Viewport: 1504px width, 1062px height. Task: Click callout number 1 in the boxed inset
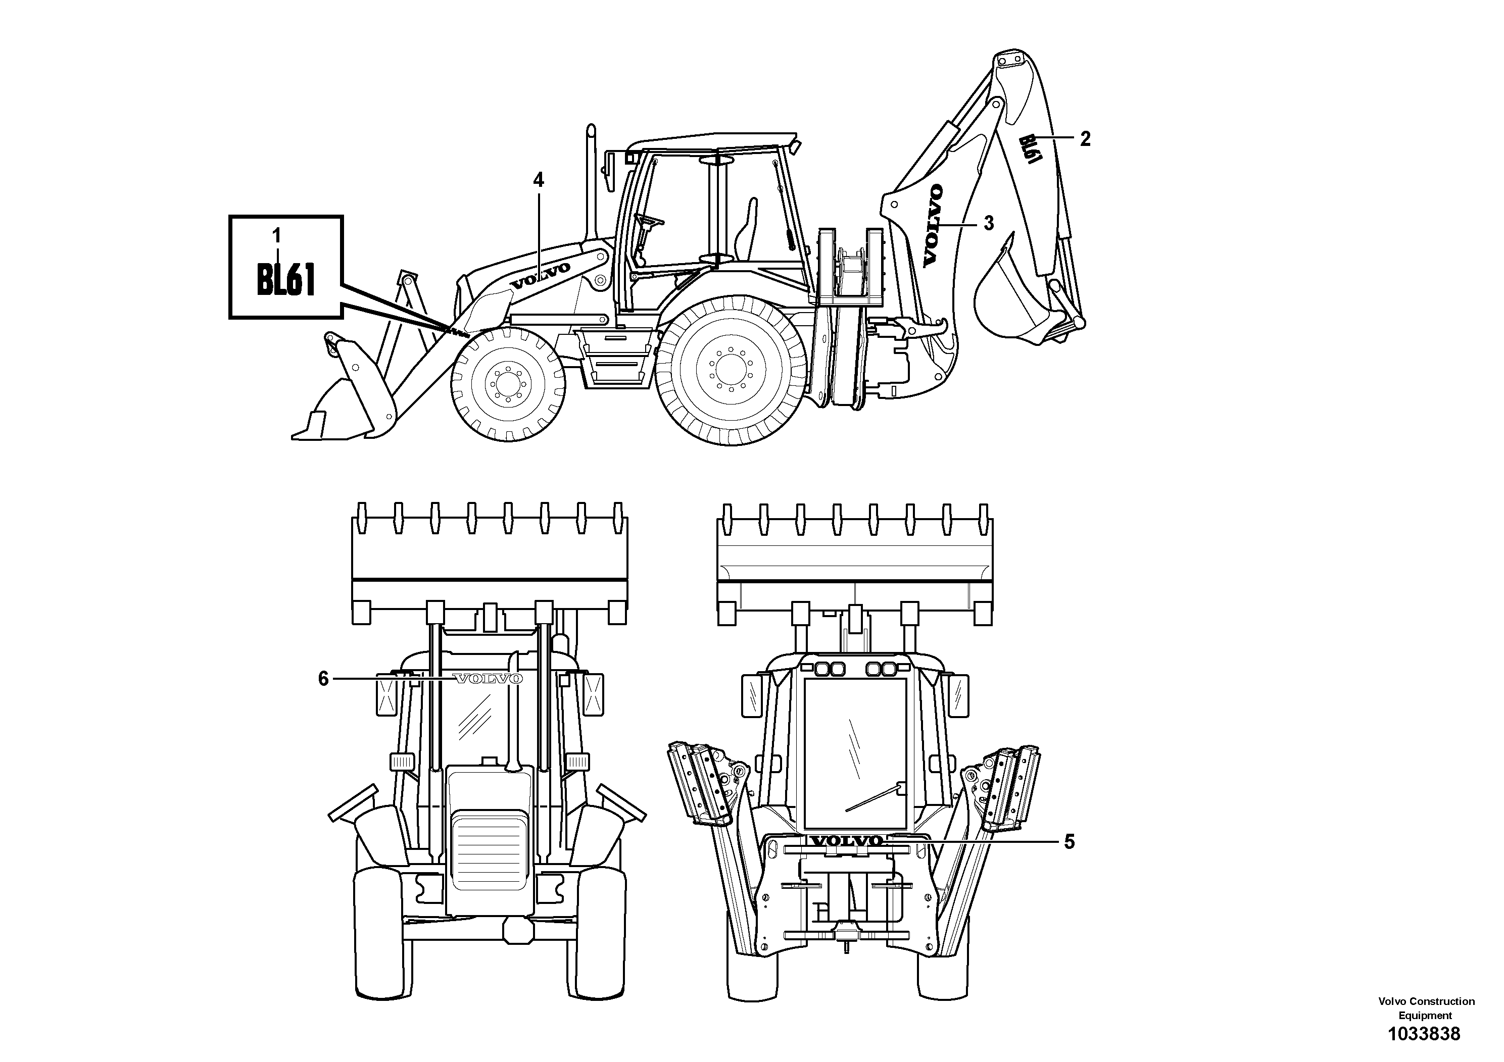click(x=276, y=234)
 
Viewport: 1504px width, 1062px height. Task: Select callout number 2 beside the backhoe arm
click(x=1085, y=139)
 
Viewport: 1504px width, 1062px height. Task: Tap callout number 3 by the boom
click(x=989, y=223)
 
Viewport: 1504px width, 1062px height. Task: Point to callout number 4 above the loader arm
click(x=539, y=179)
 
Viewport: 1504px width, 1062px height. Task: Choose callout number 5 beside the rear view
click(x=1069, y=842)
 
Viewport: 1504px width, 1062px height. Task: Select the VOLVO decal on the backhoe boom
click(x=933, y=226)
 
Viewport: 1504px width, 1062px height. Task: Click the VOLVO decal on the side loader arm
click(x=541, y=276)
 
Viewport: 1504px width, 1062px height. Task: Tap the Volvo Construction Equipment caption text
click(x=1425, y=1007)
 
